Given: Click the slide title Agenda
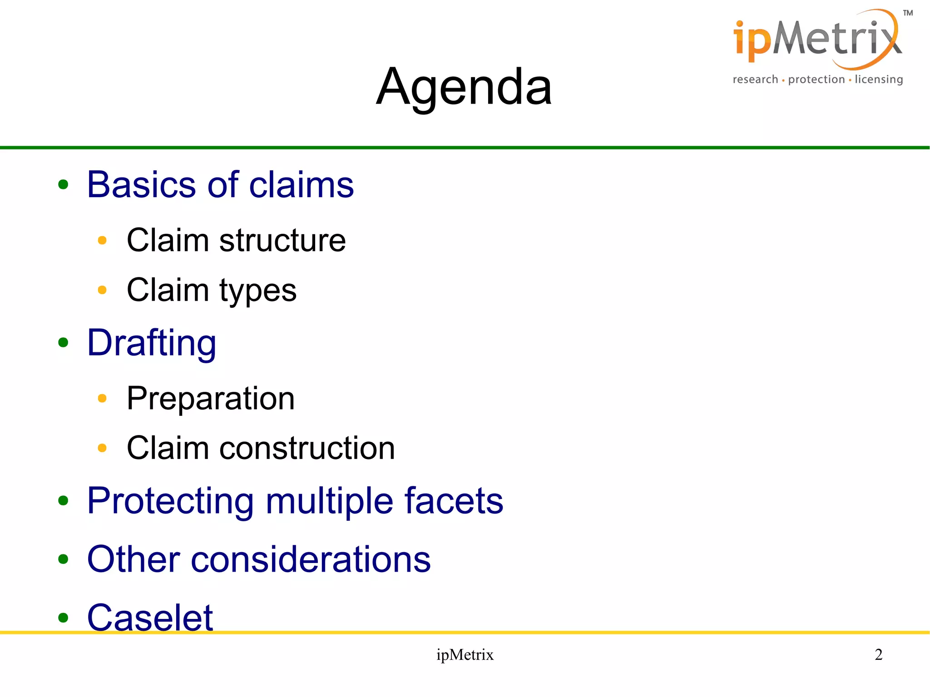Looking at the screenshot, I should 464,86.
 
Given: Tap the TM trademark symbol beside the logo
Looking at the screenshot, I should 908,13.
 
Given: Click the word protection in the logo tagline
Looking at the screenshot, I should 816,79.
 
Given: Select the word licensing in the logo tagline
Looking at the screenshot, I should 878,79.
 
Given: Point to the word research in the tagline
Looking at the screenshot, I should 755,79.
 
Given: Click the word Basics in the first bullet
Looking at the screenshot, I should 143,185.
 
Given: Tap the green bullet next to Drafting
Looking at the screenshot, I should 63,343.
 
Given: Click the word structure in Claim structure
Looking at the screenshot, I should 282,240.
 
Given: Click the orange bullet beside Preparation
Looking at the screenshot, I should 102,399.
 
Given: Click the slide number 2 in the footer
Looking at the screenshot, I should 878,654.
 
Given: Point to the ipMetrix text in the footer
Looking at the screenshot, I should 465,655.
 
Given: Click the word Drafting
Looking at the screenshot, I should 152,343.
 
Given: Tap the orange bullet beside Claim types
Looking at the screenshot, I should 102,290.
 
